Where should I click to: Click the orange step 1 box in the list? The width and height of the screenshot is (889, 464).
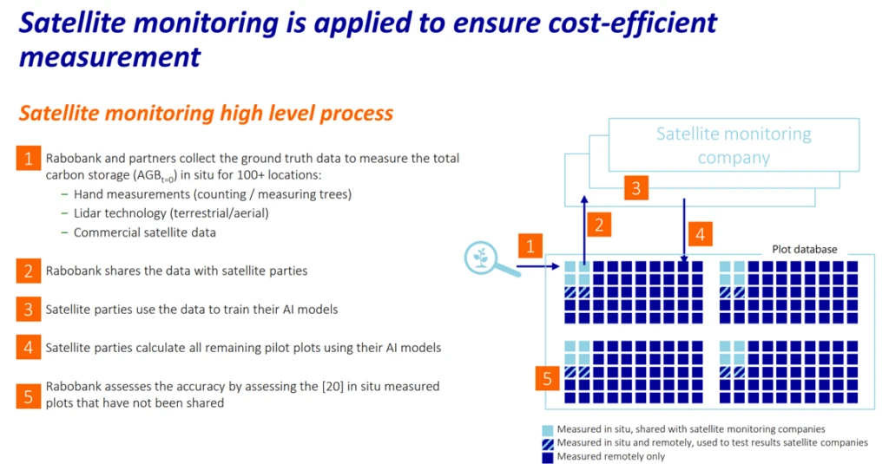[x=29, y=158]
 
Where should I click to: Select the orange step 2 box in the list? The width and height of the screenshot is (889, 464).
[x=29, y=271]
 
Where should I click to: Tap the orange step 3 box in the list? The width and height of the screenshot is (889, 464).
[x=29, y=310]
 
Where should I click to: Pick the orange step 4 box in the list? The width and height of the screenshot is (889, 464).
[x=29, y=348]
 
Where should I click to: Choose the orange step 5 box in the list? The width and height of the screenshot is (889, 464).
[x=29, y=396]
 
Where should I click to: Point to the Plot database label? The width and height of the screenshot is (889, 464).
[x=805, y=249]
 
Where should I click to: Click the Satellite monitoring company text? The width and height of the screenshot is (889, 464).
[x=734, y=146]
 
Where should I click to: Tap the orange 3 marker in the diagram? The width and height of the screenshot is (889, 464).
[x=636, y=187]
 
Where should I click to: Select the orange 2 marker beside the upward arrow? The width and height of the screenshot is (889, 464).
[x=599, y=225]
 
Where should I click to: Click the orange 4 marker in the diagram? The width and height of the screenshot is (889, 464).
[x=701, y=234]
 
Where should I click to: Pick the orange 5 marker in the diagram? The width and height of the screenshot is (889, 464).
[x=547, y=378]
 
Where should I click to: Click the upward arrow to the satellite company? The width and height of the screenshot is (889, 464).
[x=584, y=229]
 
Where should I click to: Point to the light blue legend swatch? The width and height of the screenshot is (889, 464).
[x=547, y=430]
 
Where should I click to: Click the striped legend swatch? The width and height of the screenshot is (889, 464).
[x=547, y=443]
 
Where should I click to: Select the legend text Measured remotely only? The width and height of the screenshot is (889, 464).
[x=610, y=457]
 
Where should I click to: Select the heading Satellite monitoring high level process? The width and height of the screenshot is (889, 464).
[x=206, y=114]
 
